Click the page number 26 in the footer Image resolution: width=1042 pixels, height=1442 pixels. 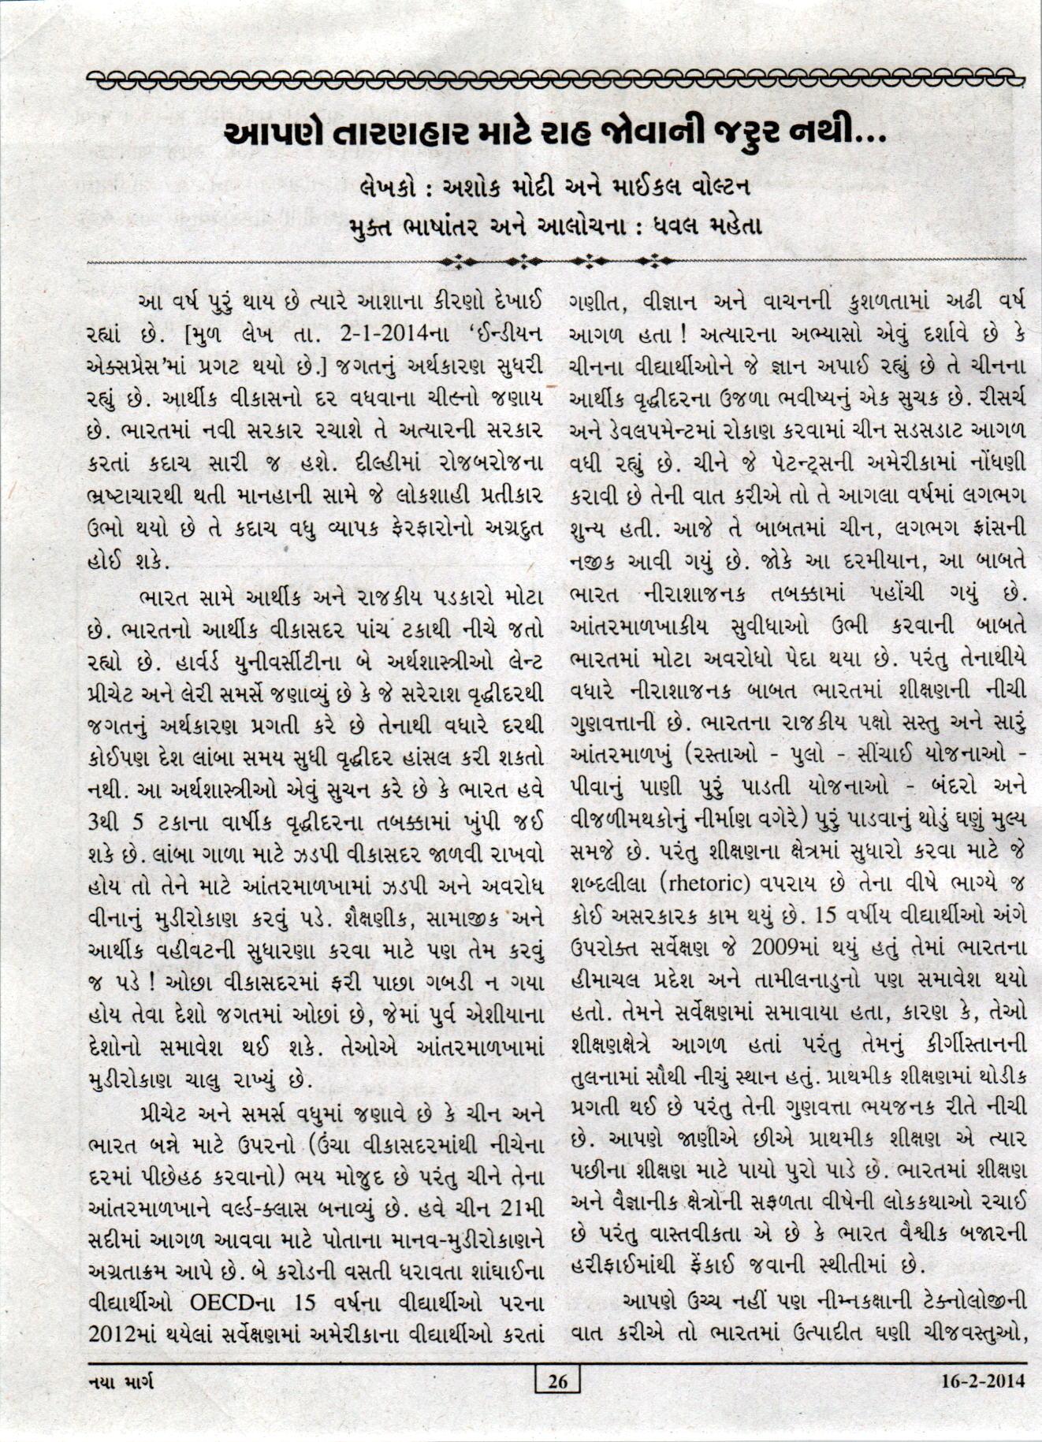557,1381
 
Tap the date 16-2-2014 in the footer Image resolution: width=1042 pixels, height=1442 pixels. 983,1381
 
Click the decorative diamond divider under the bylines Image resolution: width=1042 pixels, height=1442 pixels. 556,260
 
